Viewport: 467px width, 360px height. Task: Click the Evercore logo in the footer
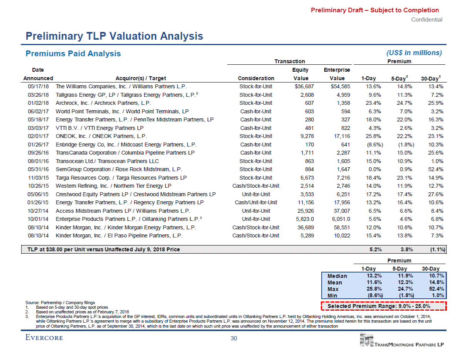pos(44,338)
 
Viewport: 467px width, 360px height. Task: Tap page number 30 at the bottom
pos(233,338)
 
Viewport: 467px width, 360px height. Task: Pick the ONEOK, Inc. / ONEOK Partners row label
pos(101,136)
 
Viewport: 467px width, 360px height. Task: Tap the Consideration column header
pos(256,78)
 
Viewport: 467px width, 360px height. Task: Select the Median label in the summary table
pos(337,276)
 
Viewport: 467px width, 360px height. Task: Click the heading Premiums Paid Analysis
pos(73,54)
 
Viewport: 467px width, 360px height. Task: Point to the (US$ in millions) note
pos(413,53)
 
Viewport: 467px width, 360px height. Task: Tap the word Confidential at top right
pos(427,20)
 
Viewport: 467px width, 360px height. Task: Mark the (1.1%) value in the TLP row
pos(437,249)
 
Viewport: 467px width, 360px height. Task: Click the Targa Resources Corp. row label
pos(121,178)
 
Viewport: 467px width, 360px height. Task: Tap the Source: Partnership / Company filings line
pos(60,303)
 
